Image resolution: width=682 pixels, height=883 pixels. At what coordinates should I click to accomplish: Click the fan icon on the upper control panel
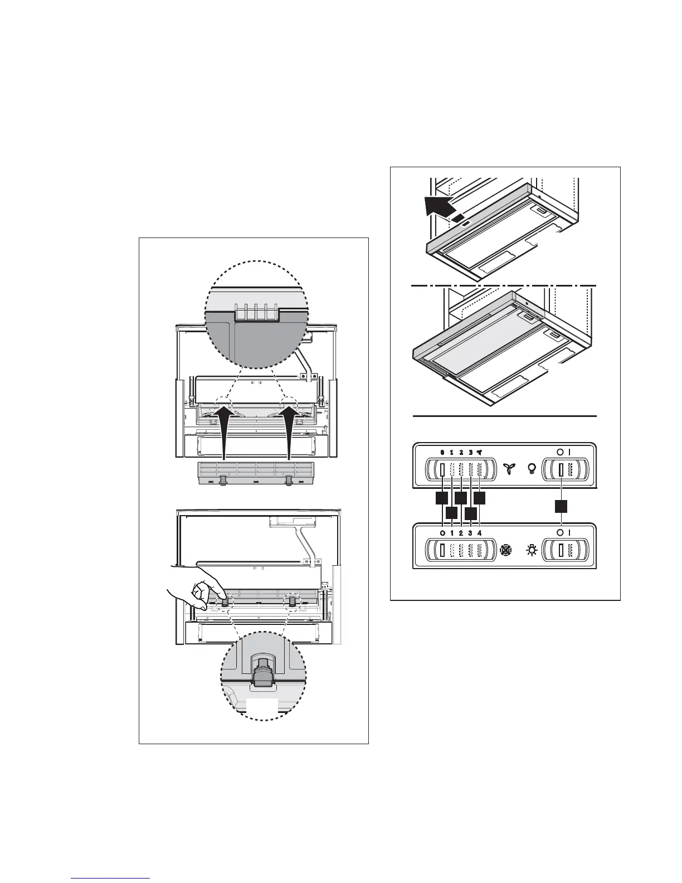coord(508,469)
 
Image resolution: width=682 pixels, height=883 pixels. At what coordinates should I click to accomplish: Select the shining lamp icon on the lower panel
coord(532,550)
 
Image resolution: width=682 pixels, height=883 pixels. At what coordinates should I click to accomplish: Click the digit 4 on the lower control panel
coord(479,533)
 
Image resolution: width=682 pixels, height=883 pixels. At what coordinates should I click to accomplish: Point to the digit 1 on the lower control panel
coord(451,533)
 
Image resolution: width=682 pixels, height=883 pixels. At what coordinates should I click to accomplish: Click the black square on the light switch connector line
coord(562,506)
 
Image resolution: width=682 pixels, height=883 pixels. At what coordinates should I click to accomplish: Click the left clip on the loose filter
coord(223,481)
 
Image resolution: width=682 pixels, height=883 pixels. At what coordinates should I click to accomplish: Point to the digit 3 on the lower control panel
coord(470,533)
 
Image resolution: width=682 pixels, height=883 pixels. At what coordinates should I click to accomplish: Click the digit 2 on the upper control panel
coord(461,452)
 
